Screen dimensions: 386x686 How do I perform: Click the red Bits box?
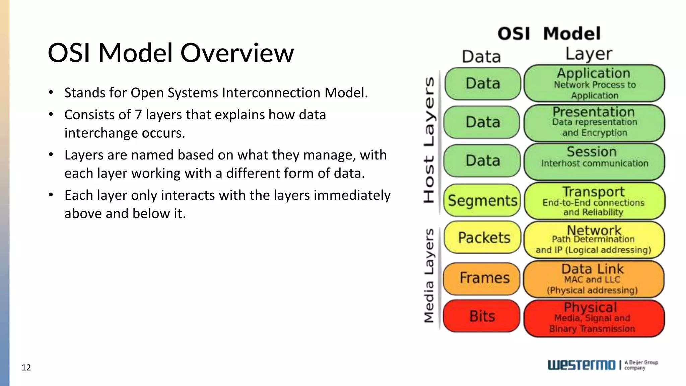point(482,316)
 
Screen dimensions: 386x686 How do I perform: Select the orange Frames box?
point(482,278)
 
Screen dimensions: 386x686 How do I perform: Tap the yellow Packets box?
point(482,238)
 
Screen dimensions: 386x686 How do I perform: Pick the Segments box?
point(482,200)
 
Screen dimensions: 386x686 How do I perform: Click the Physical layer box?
point(594,318)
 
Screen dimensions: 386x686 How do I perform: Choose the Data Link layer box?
point(594,279)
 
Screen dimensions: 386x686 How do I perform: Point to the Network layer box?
point(594,240)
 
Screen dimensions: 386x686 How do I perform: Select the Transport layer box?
point(594,201)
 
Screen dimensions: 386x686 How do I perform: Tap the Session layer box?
point(594,162)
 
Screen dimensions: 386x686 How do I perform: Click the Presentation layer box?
point(594,123)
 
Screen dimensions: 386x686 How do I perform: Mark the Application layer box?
point(594,83)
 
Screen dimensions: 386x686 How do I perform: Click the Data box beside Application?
point(483,83)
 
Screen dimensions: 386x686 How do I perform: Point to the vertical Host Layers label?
point(429,140)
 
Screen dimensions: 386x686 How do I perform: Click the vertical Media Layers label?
point(429,275)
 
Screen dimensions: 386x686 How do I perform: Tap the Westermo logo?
point(581,365)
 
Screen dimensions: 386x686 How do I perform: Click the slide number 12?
point(26,368)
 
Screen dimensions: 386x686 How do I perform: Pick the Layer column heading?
point(589,54)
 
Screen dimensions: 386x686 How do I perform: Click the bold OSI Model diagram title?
point(549,34)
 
